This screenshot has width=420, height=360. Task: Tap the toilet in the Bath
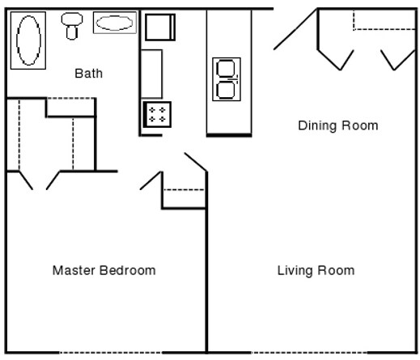pos(73,26)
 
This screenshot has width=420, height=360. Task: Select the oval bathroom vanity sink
pos(115,23)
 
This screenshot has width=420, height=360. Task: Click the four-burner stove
pos(157,114)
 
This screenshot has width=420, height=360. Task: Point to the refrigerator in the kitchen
pos(159,28)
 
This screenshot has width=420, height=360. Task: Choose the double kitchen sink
pos(226,79)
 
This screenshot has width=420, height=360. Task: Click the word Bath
pos(89,74)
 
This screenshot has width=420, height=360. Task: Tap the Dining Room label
pos(337,125)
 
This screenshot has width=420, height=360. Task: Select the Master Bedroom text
pos(104,270)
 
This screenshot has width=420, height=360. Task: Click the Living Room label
pos(316,270)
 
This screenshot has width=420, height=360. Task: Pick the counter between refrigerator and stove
pos(152,74)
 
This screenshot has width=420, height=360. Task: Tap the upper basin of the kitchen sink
pos(226,69)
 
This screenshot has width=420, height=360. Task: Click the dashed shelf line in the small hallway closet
pos(184,190)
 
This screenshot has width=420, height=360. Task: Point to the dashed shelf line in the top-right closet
pos(384,30)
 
